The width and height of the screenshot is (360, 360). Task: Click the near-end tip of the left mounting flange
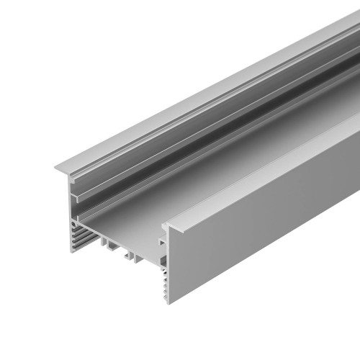pyautogui.click(x=56, y=170)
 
